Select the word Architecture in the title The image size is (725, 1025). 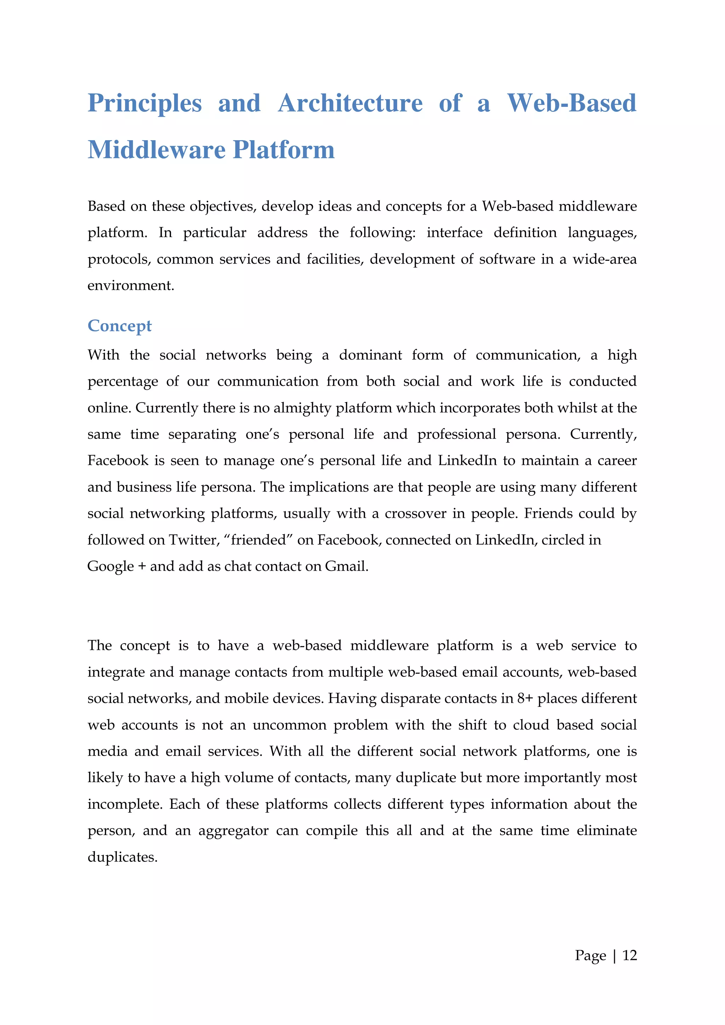[x=350, y=104]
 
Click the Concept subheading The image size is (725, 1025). [x=119, y=326]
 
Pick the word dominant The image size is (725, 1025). [x=370, y=355]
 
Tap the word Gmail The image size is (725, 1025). [x=347, y=567]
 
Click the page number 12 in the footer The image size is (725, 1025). [x=629, y=955]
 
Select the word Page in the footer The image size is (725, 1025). [x=590, y=955]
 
